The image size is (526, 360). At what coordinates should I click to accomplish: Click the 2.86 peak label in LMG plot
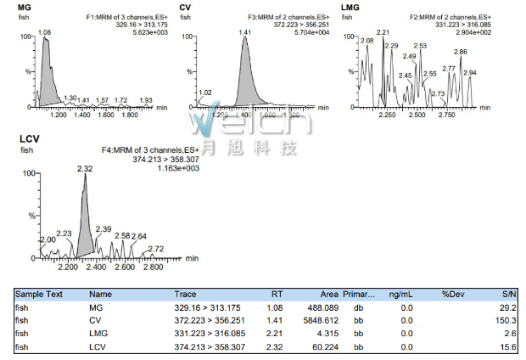coord(461,52)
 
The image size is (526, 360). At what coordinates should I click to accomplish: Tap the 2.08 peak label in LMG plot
coord(367,41)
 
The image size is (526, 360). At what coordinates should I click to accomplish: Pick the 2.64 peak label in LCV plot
coord(138,235)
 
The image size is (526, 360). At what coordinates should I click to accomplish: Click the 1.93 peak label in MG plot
coord(146,99)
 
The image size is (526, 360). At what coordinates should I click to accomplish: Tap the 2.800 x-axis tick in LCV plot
coord(153,267)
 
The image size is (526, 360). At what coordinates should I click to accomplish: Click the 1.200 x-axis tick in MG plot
coord(59,114)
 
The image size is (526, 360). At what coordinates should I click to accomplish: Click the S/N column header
coord(508,294)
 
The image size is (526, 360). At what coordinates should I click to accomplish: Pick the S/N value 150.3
coord(506,320)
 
